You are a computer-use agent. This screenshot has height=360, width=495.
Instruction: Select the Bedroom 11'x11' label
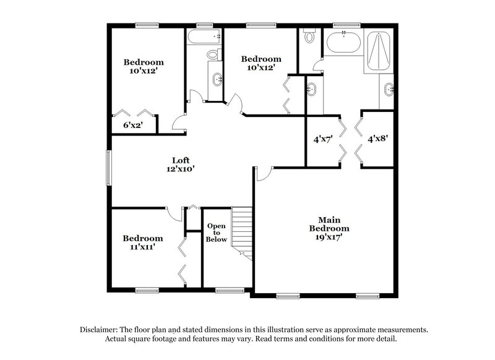[x=142, y=242]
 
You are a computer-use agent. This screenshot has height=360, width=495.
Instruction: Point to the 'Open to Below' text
[x=217, y=233]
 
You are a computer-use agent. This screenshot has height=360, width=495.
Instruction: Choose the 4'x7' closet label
[x=323, y=139]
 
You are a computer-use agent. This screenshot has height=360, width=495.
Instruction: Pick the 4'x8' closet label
[x=377, y=139]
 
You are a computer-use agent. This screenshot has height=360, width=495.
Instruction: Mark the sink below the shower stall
[x=389, y=90]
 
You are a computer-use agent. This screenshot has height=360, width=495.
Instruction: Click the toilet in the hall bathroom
[x=213, y=54]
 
